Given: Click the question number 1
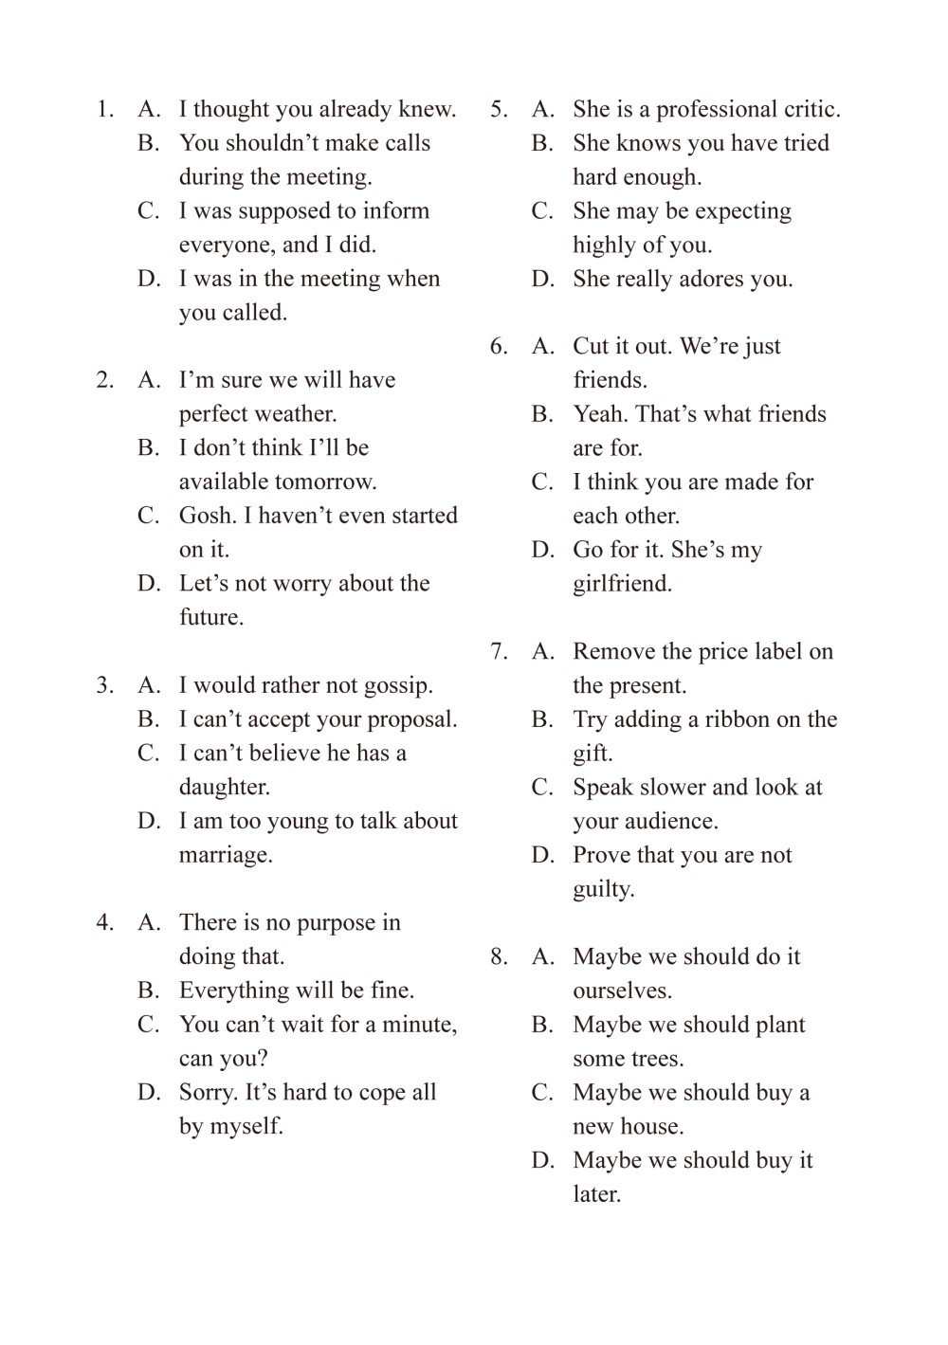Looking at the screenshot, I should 104,110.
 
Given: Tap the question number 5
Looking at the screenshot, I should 499,110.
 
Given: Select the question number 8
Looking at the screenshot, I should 499,957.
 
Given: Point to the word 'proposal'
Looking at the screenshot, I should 417,720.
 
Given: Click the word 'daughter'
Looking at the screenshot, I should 224,788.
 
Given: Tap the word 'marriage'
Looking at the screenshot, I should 225,856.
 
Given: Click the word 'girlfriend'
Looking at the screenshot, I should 622,585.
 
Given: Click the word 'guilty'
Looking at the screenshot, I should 603,890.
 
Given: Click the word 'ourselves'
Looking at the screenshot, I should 621,991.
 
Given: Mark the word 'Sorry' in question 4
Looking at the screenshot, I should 208,1093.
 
